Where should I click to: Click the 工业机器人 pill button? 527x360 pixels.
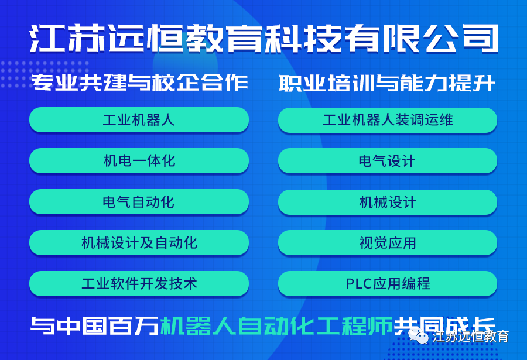[x=139, y=120]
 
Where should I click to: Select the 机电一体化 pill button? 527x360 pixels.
[x=139, y=161]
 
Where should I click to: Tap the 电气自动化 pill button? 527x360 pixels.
[x=139, y=202]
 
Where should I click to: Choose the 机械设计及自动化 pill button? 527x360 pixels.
[x=139, y=243]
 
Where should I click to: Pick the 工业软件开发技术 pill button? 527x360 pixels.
[x=139, y=284]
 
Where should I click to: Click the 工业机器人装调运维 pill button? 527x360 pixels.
[x=388, y=120]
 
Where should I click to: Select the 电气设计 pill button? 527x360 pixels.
[x=388, y=161]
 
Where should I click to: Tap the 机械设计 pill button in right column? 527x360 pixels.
[x=388, y=202]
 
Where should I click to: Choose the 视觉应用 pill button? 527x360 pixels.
[x=388, y=243]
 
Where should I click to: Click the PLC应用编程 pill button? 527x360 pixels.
[x=388, y=284]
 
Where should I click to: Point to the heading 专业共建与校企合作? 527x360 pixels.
[x=139, y=84]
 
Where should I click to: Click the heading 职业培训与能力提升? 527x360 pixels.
[x=387, y=84]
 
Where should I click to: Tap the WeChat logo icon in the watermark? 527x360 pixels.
[x=421, y=336]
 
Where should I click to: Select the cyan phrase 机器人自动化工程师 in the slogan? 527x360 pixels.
[x=276, y=326]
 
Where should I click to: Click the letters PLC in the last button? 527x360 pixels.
[x=357, y=284]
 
